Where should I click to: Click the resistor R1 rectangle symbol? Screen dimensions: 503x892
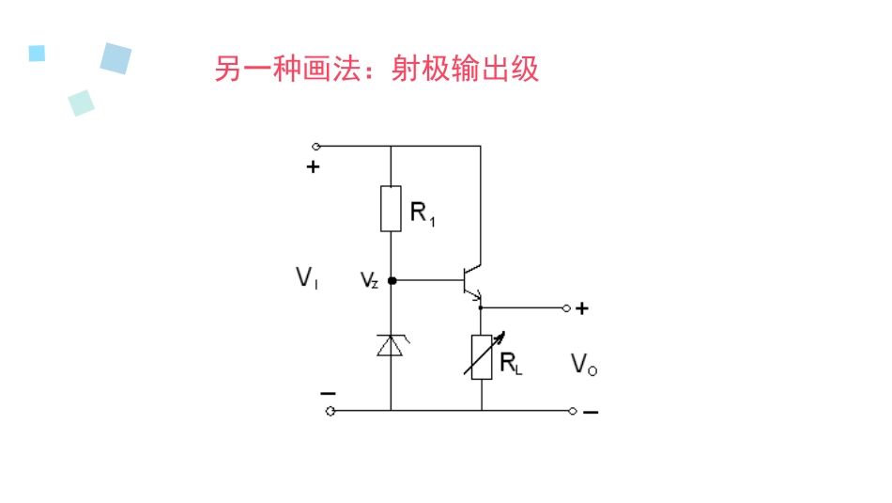click(x=391, y=209)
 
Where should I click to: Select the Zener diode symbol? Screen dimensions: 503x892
click(x=391, y=345)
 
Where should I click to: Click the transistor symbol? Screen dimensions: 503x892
click(x=470, y=280)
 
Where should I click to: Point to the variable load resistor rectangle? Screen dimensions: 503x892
click(x=482, y=356)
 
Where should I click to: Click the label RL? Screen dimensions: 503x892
click(x=511, y=364)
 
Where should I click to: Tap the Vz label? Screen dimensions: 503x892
click(x=369, y=280)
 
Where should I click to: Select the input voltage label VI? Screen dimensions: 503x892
click(x=306, y=277)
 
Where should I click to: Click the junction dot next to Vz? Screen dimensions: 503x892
click(x=391, y=280)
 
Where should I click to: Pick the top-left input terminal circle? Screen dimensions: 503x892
click(x=316, y=147)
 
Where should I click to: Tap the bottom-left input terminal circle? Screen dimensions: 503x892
click(x=330, y=411)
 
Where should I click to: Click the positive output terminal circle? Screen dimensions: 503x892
click(x=566, y=307)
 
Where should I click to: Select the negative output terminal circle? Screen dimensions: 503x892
click(x=573, y=411)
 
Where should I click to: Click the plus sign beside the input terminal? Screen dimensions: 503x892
click(x=313, y=168)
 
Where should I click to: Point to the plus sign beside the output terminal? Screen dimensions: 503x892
click(x=582, y=307)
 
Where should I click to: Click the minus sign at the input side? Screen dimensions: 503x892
click(x=327, y=393)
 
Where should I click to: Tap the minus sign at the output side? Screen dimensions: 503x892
click(x=591, y=412)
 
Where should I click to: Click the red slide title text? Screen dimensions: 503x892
click(x=377, y=69)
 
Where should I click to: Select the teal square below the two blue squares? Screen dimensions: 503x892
click(x=82, y=102)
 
